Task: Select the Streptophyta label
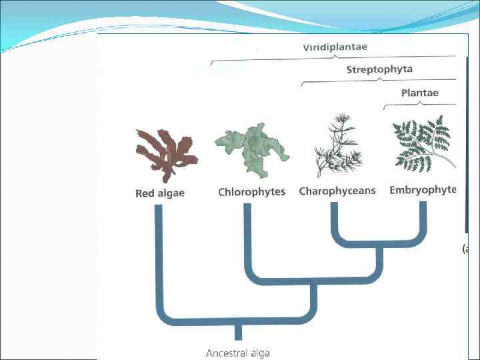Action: [379, 69]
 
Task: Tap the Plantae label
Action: [419, 93]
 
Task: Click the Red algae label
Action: [160, 193]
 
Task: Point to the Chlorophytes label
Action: [251, 192]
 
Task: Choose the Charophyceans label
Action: [337, 191]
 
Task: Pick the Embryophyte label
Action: [423, 190]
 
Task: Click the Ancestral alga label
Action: [237, 353]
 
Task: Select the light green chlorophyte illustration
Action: [251, 147]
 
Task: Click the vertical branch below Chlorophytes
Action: [247, 240]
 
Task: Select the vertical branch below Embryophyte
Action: [423, 220]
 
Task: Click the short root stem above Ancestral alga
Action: [237, 331]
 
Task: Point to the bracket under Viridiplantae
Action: [333, 59]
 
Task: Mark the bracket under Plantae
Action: [419, 103]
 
